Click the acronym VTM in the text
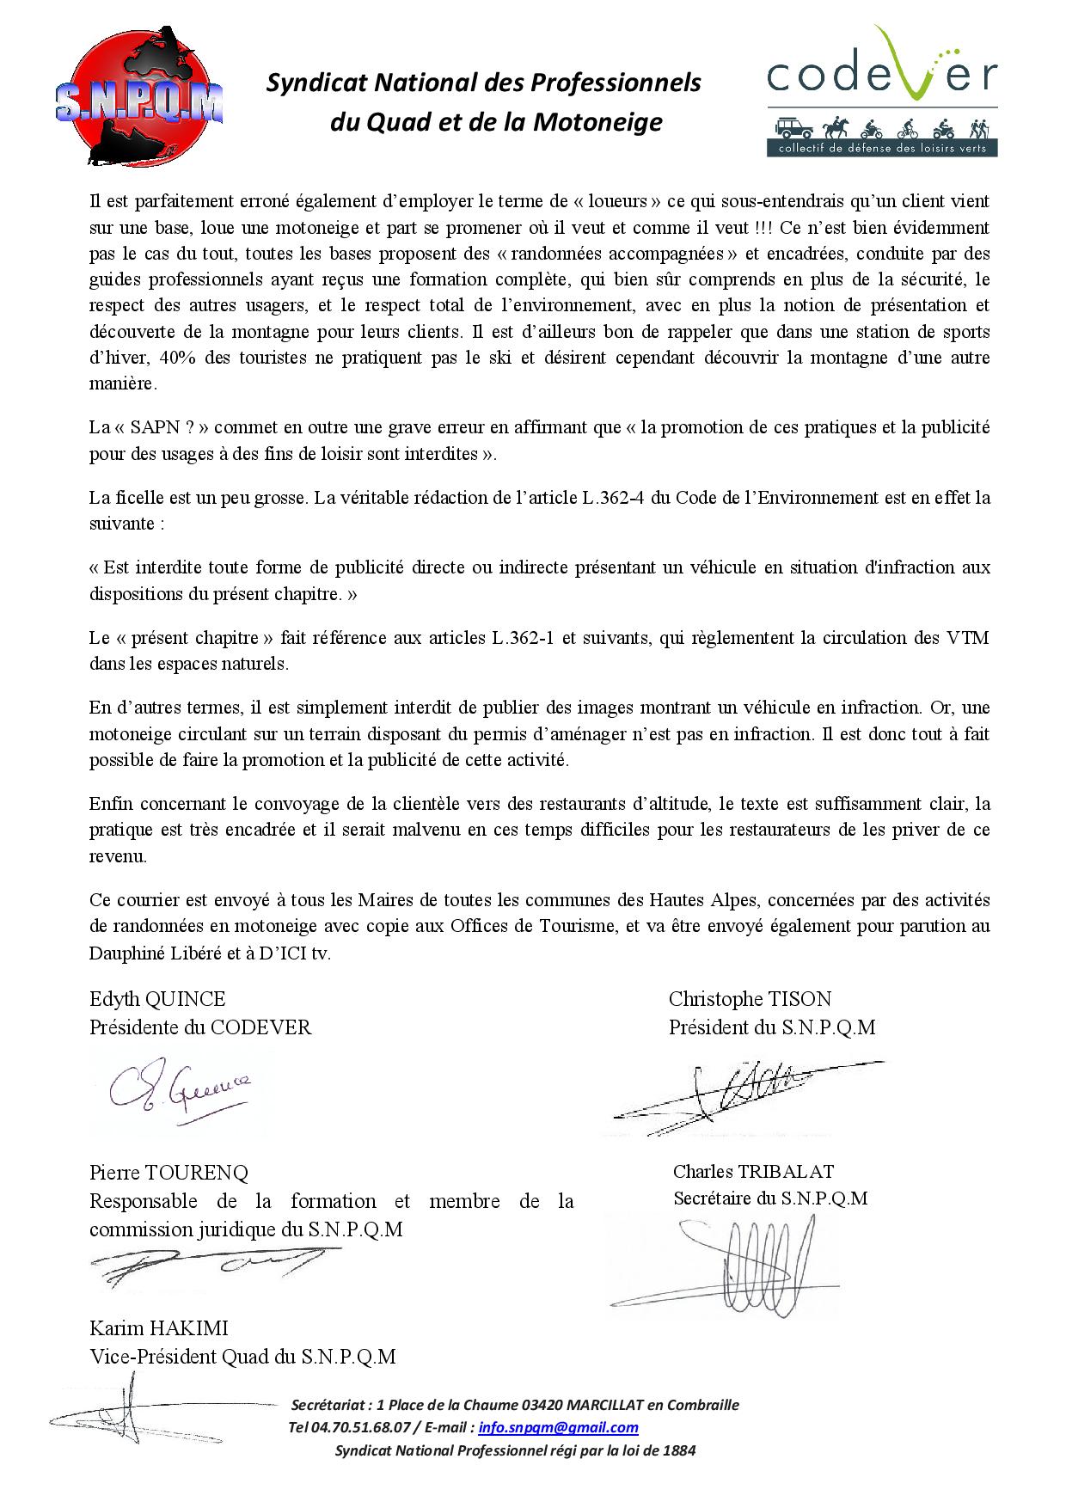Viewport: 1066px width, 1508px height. (x=968, y=638)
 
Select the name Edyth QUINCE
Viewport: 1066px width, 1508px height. (x=157, y=998)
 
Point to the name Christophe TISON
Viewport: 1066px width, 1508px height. (x=750, y=998)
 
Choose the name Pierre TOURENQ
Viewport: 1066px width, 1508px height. (x=168, y=1172)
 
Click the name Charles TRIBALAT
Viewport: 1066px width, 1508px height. (x=753, y=1171)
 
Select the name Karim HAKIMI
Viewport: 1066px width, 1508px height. (x=159, y=1328)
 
